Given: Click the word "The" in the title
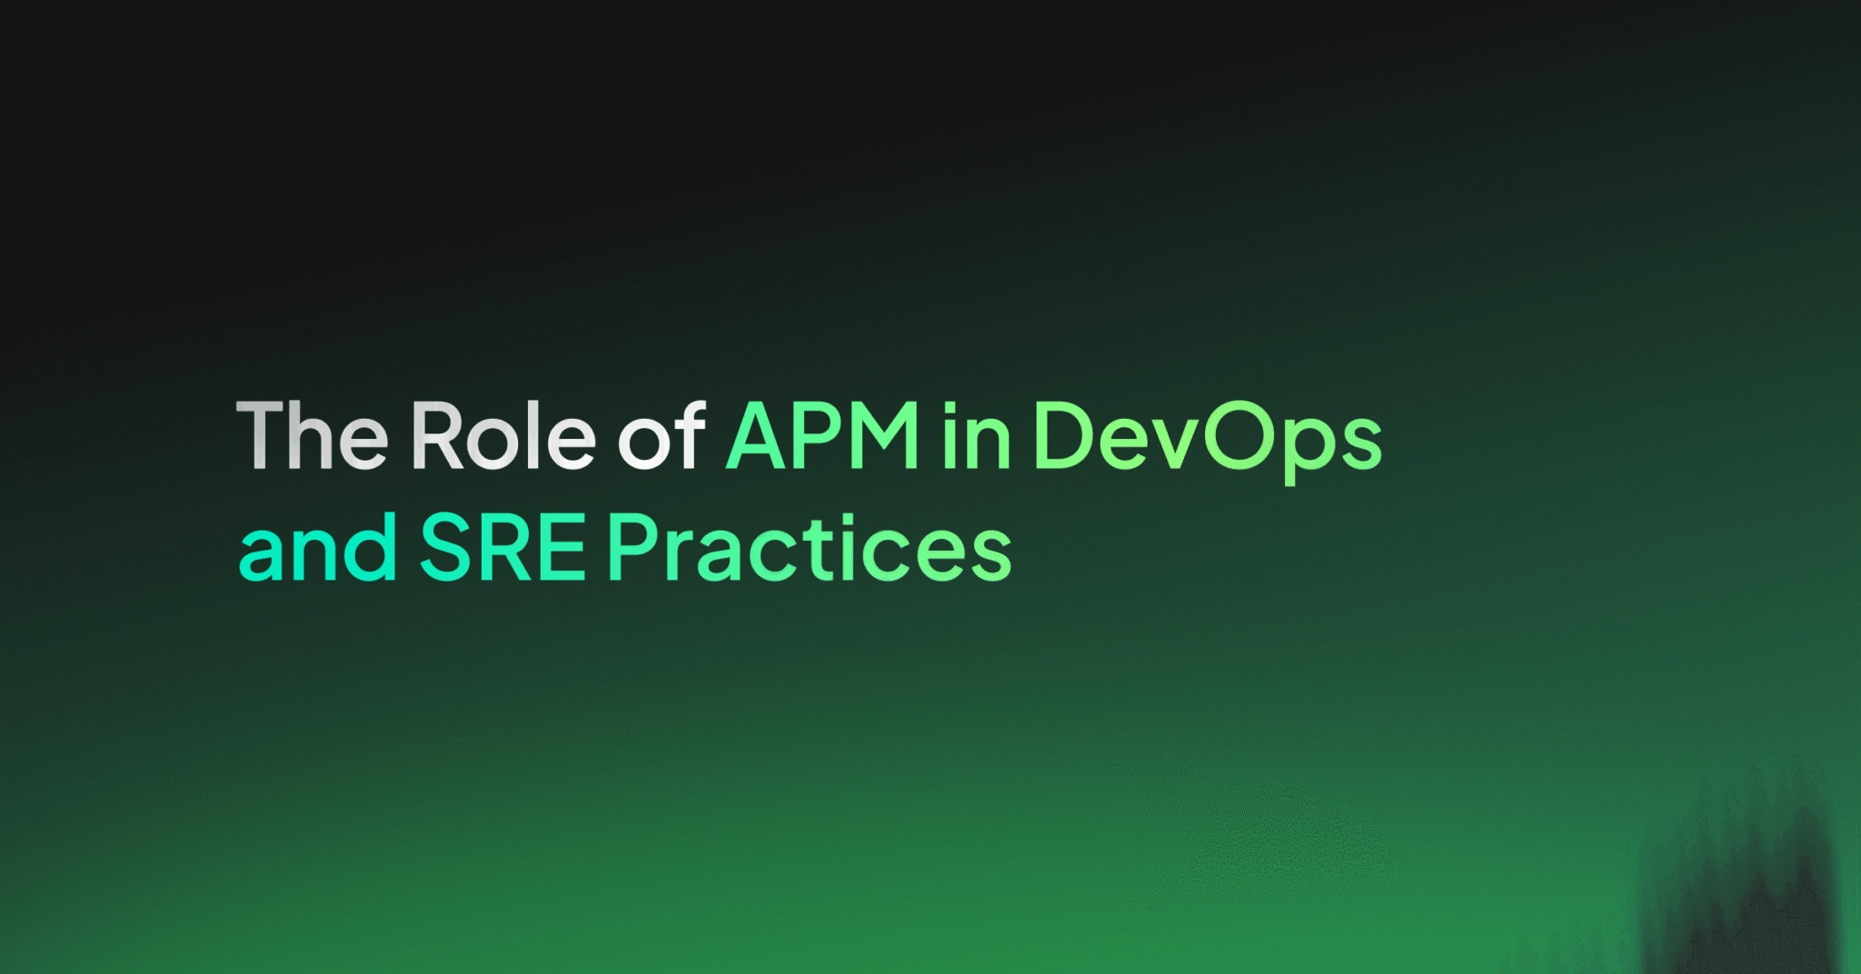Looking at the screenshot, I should pos(312,436).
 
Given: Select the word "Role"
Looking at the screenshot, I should pos(503,436).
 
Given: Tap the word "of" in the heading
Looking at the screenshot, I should pos(661,436).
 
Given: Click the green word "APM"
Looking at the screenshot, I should pos(822,436).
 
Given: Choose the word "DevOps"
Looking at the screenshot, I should pos(1208,438).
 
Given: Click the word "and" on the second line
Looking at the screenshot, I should pos(317,548).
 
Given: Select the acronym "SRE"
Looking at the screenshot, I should pos(503,548).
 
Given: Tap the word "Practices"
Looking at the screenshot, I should pos(810,548).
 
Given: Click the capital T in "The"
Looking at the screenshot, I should pos(261,436).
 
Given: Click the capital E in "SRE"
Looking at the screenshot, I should pos(563,548).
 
